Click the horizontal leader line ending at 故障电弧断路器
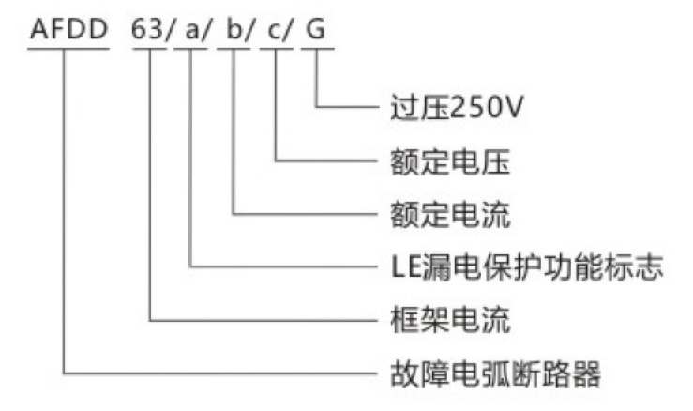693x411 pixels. pyautogui.click(x=216, y=375)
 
